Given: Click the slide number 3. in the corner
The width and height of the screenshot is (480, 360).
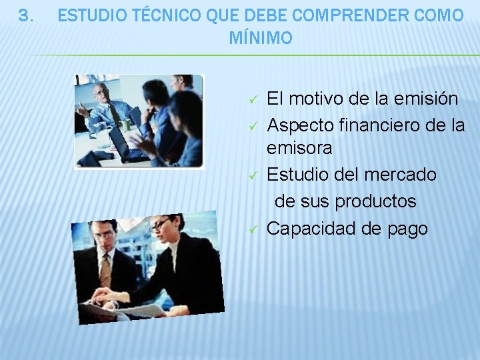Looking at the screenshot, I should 25,15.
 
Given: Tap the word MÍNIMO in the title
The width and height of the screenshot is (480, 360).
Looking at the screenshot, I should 261,39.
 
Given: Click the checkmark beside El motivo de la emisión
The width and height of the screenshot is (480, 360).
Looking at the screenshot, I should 253,100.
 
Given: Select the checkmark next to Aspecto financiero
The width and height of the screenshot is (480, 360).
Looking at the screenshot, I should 253,125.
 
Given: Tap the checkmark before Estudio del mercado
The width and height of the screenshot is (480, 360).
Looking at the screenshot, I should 253,176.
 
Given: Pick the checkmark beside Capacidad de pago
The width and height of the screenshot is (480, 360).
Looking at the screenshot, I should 253,229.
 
